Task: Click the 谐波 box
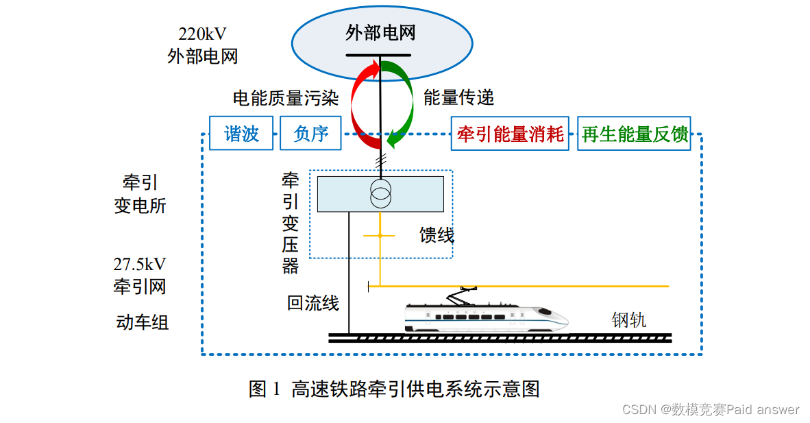coord(241,134)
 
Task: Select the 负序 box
coord(310,134)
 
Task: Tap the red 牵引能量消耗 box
coord(511,134)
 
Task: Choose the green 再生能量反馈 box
coord(634,134)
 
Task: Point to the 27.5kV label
coord(140,265)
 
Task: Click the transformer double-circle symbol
coord(380,194)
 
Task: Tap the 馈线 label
coord(437,236)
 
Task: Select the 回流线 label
coord(312,303)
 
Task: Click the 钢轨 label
coord(628,320)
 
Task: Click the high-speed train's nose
coord(559,319)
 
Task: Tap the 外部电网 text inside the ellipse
coord(380,33)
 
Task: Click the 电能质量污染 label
coord(286,98)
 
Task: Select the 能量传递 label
coord(458,98)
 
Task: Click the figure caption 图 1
coord(265,389)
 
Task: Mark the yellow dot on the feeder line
coord(380,236)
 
